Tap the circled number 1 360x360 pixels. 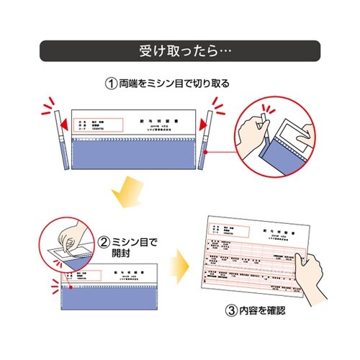point(111,84)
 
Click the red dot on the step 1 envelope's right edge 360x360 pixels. point(204,153)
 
